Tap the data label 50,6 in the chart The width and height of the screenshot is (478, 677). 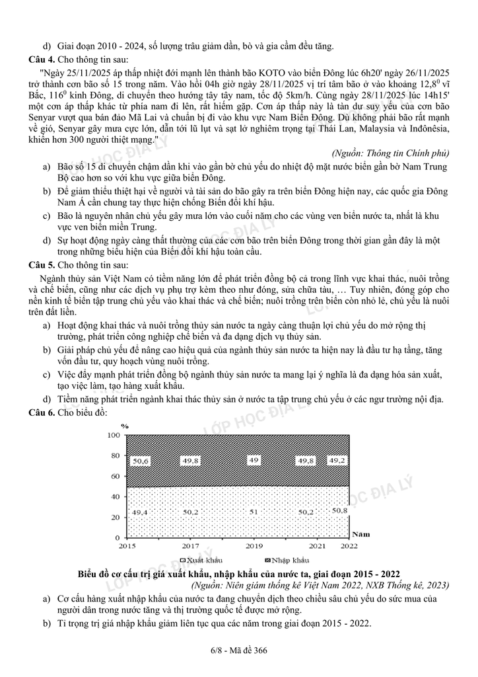pos(141,461)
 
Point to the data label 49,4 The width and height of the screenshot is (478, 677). pos(141,512)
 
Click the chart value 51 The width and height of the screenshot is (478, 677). pos(254,510)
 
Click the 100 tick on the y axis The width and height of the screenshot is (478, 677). pos(113,435)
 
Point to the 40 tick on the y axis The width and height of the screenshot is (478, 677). pos(115,497)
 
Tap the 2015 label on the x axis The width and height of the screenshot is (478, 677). pos(127,546)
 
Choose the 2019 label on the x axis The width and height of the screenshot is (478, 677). pos(254,546)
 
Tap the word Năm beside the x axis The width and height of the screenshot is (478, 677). pos(360,533)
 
